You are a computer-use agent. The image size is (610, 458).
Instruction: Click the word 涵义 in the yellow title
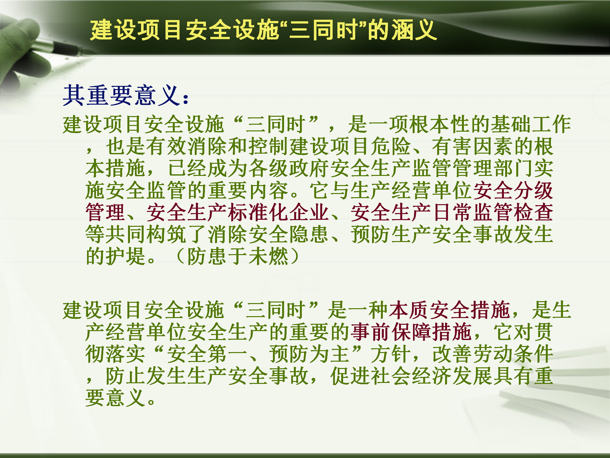pos(414,30)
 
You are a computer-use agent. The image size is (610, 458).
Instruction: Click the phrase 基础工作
pos(531,124)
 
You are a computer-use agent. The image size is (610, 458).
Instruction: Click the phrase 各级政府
pos(289,168)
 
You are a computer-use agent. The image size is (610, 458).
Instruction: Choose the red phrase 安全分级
pos(513,190)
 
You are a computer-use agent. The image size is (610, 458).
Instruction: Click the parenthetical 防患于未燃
pos(238,256)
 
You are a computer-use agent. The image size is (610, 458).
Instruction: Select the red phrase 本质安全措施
pos(449,310)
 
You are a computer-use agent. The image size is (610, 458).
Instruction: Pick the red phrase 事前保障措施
pos(411,332)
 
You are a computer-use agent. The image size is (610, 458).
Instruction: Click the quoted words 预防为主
pos(309,354)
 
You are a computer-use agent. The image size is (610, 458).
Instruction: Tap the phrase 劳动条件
pos(513,354)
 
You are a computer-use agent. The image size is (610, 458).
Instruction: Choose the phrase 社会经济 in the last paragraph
pos(411,376)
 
